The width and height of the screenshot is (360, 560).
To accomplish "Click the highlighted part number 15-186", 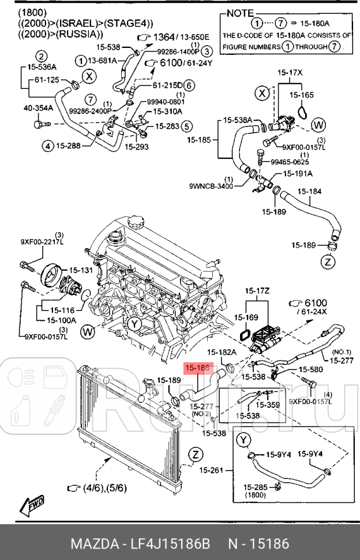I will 198,367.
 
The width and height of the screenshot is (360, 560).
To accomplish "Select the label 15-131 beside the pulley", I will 81,270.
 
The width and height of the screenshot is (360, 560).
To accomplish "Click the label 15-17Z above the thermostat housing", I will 257,290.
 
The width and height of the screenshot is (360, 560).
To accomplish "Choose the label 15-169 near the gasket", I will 246,317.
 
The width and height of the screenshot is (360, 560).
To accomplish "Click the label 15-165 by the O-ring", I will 302,94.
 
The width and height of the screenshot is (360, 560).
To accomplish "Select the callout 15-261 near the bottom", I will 212,471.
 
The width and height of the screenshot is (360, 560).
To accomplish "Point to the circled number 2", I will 42,56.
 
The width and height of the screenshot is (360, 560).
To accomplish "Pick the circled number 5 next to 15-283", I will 186,125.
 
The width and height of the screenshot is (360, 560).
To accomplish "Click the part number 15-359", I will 268,405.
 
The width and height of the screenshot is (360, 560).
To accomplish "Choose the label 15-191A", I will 298,173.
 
